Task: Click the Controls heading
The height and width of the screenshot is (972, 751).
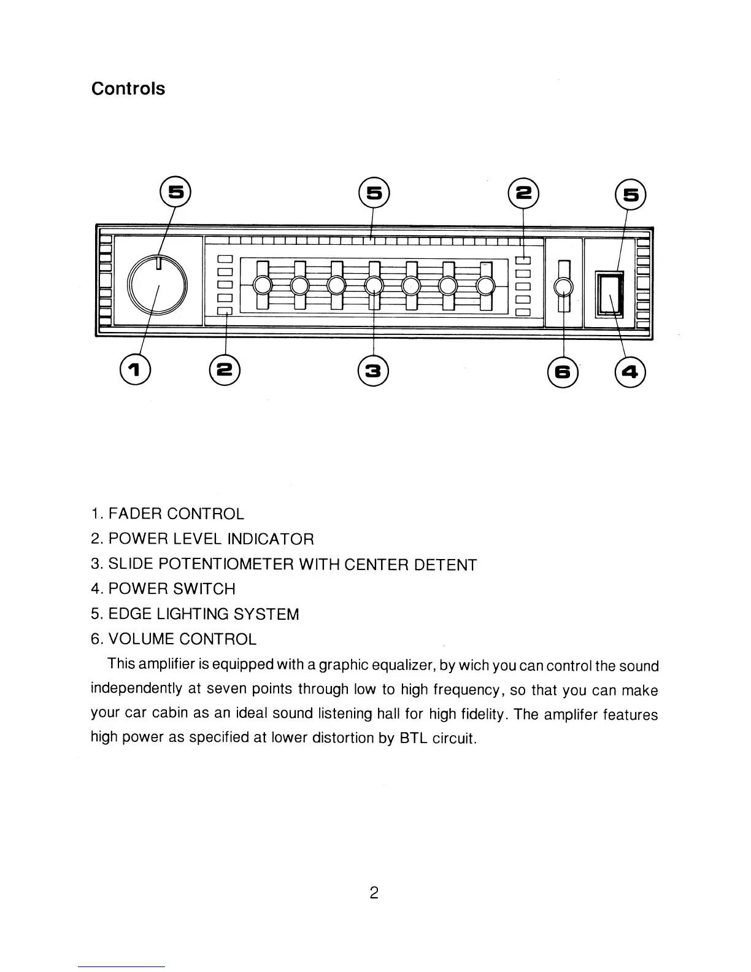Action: point(128,89)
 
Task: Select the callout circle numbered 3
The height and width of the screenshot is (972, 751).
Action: point(374,370)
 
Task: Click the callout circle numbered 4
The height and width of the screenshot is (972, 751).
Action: point(631,371)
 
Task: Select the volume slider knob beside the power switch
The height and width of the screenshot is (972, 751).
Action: point(564,287)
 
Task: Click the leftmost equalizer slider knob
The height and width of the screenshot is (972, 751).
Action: point(262,286)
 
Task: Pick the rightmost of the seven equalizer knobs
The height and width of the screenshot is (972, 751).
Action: point(486,286)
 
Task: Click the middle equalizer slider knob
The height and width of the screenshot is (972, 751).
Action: point(374,286)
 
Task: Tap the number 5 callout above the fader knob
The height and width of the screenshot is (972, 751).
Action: point(175,193)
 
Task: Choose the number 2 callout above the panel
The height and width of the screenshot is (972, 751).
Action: point(523,193)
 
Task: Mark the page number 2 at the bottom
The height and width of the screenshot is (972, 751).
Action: point(374,893)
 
